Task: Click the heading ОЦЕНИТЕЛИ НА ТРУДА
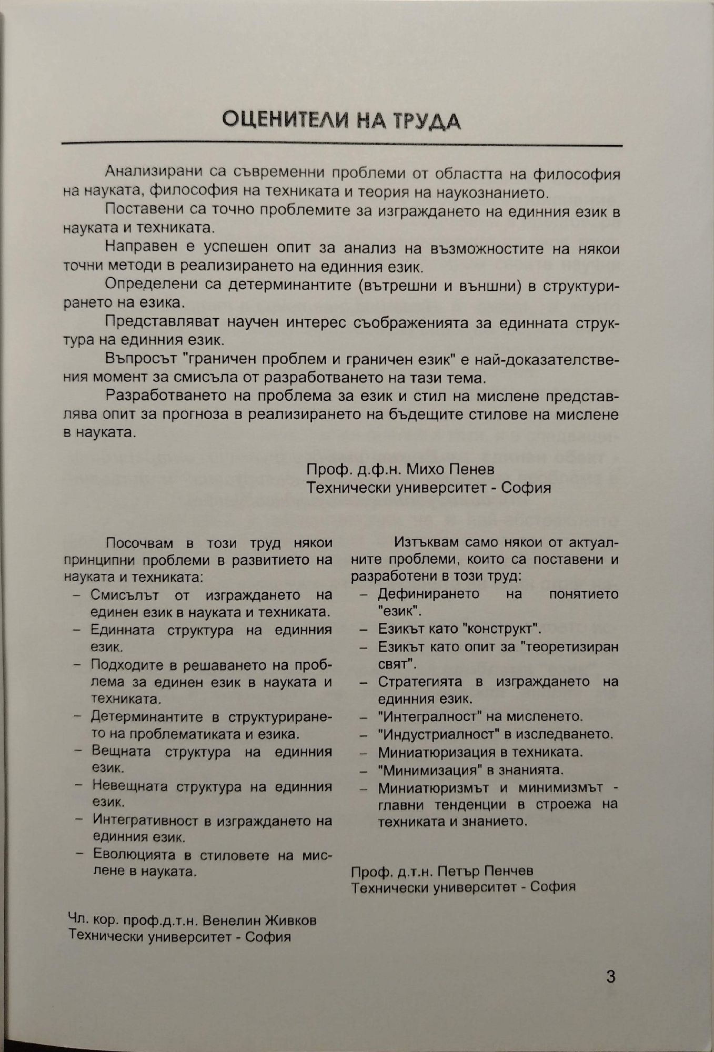point(341,120)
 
